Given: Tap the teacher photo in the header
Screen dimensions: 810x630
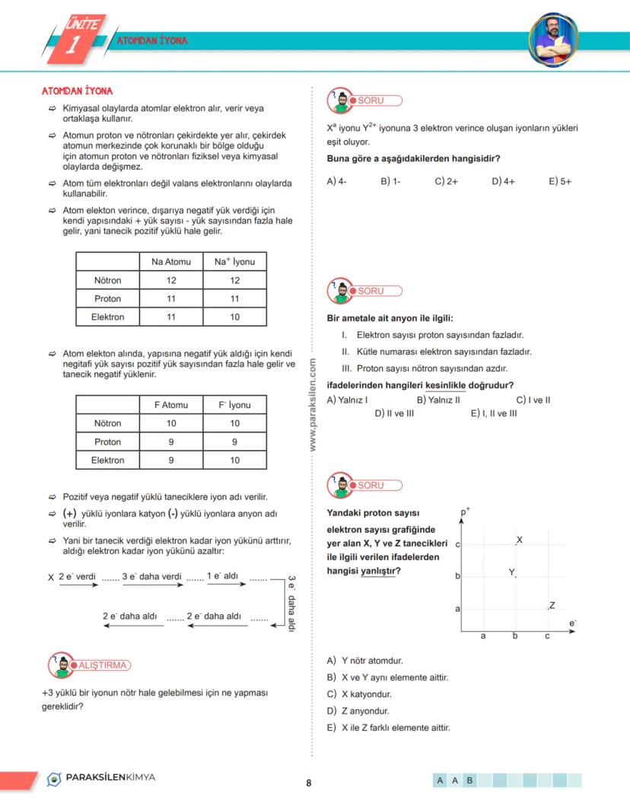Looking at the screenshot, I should tap(552, 40).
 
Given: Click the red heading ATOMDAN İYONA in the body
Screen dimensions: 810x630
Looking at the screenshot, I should tap(77, 91).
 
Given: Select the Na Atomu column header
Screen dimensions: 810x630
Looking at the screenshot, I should tap(171, 262).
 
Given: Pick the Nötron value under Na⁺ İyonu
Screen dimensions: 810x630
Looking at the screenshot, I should tap(234, 280).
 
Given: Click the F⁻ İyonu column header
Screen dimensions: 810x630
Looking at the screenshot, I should tap(234, 405).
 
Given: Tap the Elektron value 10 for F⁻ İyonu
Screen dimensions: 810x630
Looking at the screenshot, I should tap(234, 460).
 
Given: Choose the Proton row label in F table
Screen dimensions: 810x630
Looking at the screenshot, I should tap(107, 442).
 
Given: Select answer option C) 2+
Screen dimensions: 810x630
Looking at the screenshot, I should tap(446, 181).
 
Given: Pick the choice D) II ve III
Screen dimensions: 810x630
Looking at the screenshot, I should tap(394, 413).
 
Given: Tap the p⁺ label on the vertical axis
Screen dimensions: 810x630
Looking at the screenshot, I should tap(465, 513).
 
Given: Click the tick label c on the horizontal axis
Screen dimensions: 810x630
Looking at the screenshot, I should tap(546, 636).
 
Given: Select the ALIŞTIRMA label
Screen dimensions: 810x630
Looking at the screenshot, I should tap(103, 665).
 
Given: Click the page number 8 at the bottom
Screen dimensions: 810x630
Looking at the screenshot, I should tap(308, 783).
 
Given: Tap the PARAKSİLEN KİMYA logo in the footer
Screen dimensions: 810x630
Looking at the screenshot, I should tap(100, 778).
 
